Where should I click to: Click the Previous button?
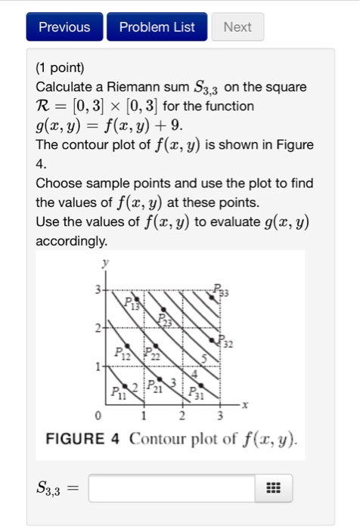64,27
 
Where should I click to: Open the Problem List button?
157,27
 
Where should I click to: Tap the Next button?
237,27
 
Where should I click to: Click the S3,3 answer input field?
172,488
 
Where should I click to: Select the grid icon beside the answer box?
274,488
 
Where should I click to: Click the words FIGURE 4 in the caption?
82,438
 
